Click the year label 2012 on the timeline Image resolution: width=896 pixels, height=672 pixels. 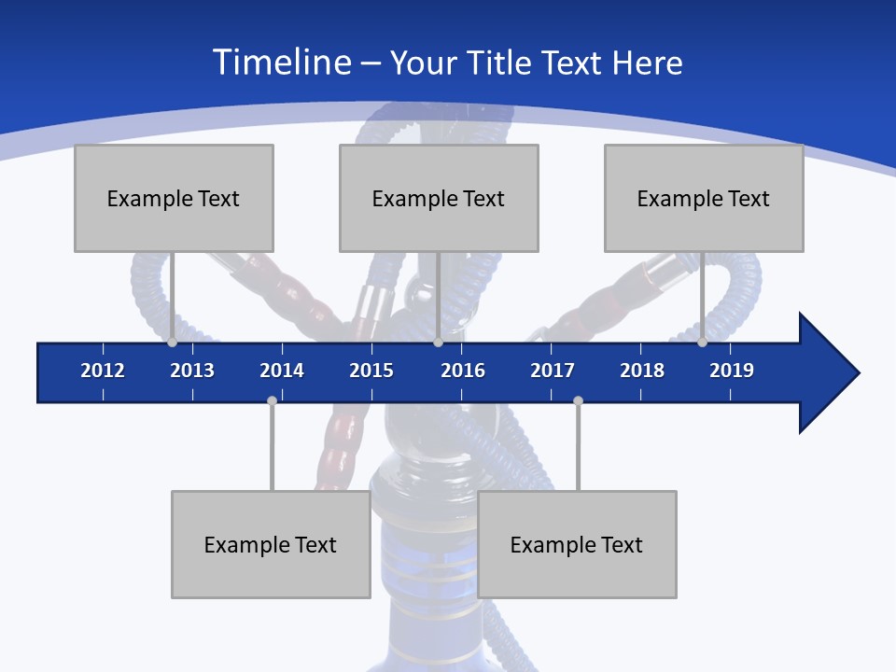(x=103, y=371)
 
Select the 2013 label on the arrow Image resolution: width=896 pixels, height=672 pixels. (x=192, y=371)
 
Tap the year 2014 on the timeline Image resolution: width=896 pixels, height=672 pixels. (x=282, y=371)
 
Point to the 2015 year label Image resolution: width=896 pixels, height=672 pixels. (x=371, y=371)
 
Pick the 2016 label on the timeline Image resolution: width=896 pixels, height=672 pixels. (x=463, y=371)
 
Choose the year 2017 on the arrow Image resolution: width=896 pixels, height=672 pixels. (x=553, y=371)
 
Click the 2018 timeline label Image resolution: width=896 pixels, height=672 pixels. (x=642, y=371)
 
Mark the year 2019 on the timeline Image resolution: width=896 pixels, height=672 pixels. (x=732, y=371)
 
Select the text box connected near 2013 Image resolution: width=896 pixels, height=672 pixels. (x=174, y=198)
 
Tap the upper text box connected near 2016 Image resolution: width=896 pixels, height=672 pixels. (x=439, y=198)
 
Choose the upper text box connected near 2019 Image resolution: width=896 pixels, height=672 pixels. (x=704, y=198)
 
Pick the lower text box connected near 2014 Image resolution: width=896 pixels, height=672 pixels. (x=271, y=544)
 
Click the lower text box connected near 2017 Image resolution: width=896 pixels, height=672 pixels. (x=577, y=544)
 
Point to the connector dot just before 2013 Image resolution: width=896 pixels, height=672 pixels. (x=173, y=342)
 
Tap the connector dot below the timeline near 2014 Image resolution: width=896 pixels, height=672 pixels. (x=272, y=400)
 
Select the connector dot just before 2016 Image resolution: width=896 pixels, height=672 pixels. (x=438, y=342)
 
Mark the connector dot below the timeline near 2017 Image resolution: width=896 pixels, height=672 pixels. (x=578, y=400)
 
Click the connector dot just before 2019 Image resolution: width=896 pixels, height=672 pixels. (x=703, y=342)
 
